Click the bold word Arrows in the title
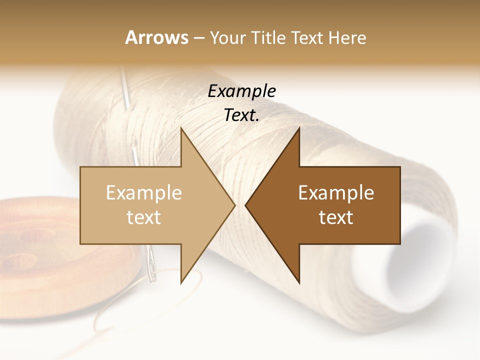tap(156, 37)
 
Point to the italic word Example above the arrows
tap(241, 91)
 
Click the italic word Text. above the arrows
tap(241, 115)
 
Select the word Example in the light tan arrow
tap(144, 192)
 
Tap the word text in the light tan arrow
tap(144, 217)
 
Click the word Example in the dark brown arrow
tap(336, 192)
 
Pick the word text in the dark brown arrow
tap(336, 217)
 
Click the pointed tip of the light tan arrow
tap(234, 205)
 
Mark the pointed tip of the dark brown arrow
tap(246, 205)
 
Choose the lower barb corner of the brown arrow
tap(299, 282)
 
